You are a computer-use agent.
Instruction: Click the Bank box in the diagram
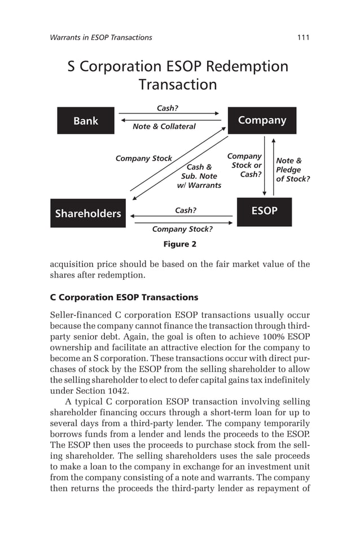86,121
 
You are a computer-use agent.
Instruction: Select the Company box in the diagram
262,120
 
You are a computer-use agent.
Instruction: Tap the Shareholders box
88,213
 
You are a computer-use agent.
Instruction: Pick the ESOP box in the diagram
264,211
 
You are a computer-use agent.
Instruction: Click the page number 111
303,37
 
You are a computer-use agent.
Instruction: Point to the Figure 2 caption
179,244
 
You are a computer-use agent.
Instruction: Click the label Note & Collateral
164,126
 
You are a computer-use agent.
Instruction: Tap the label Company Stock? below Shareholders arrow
182,229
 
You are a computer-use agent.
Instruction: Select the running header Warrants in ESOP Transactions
101,37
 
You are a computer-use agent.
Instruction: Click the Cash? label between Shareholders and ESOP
186,210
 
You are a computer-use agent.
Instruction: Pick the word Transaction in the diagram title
178,85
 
